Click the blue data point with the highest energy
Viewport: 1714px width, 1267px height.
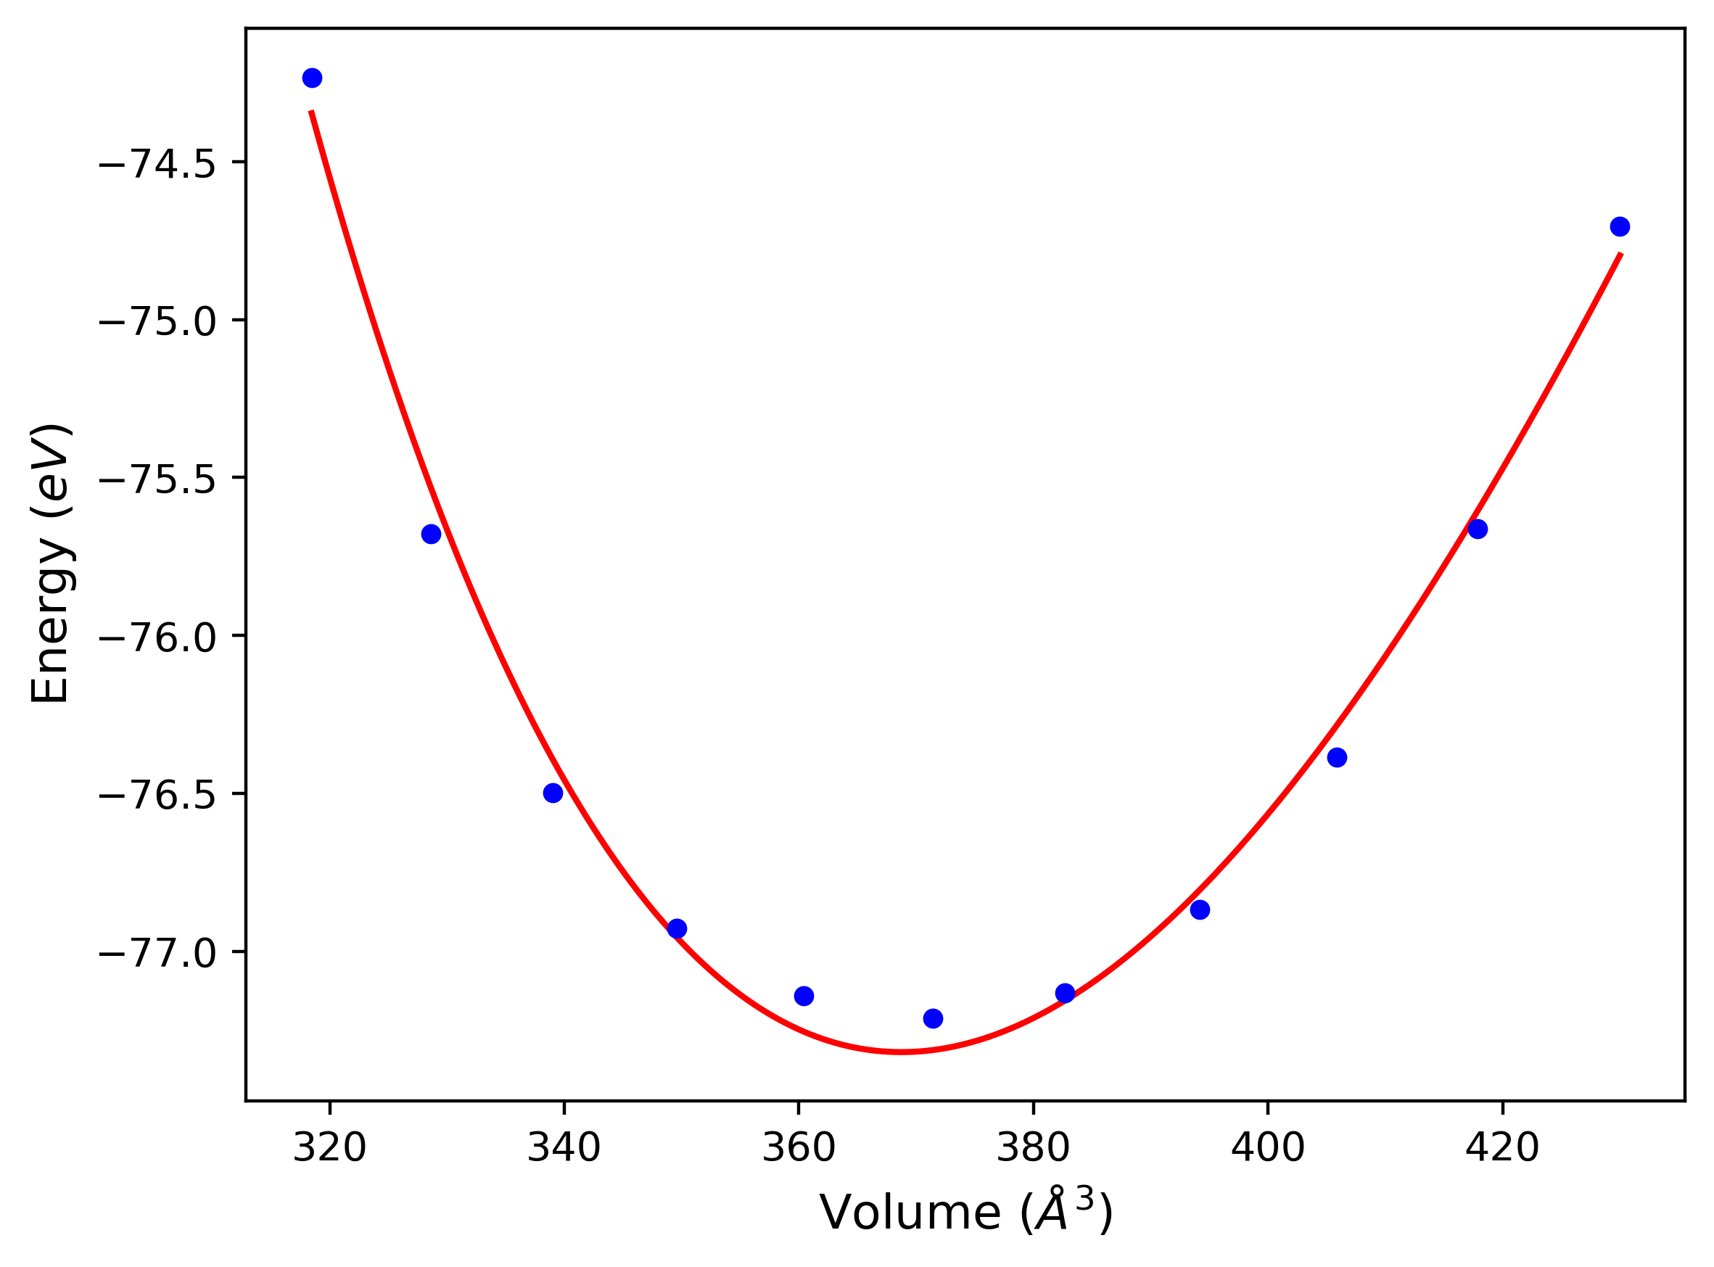click(312, 78)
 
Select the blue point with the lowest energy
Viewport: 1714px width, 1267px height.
click(934, 1018)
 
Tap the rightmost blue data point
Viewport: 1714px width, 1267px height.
click(1620, 227)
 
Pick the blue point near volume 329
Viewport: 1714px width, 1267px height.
click(431, 535)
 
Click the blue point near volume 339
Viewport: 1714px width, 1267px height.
click(553, 793)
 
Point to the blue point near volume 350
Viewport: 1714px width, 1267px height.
click(677, 929)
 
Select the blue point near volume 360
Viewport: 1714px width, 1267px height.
click(804, 996)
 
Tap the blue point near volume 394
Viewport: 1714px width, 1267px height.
click(1200, 909)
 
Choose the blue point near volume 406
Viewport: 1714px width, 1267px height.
click(1338, 758)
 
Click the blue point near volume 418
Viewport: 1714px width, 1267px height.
click(1478, 529)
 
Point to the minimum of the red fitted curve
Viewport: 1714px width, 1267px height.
click(902, 1052)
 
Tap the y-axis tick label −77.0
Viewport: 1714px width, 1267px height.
click(158, 953)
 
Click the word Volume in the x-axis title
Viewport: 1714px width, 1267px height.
click(910, 1214)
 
